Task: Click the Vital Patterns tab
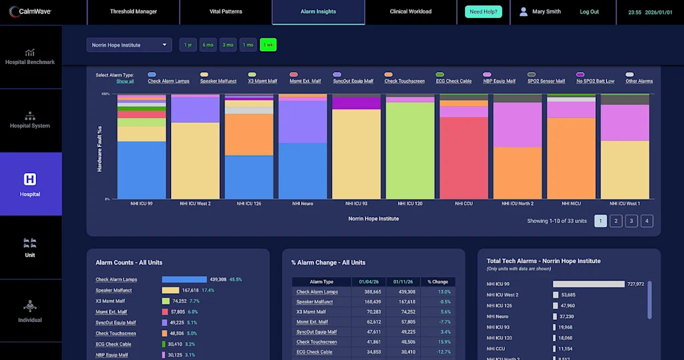pyautogui.click(x=226, y=11)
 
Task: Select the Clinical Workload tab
pyautogui.click(x=411, y=11)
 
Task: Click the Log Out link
pyautogui.click(x=589, y=12)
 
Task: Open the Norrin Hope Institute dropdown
pyautogui.click(x=129, y=45)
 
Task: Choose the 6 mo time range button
pyautogui.click(x=208, y=45)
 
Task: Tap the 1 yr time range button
pyautogui.click(x=188, y=45)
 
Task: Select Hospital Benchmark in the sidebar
pyautogui.click(x=30, y=57)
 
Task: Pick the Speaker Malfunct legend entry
pyautogui.click(x=218, y=81)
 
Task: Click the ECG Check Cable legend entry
pyautogui.click(x=454, y=81)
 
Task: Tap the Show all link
pyautogui.click(x=125, y=81)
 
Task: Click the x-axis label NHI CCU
pyautogui.click(x=464, y=203)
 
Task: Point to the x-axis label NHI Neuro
pyautogui.click(x=303, y=203)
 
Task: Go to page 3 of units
pyautogui.click(x=631, y=221)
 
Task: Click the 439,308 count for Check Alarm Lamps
pyautogui.click(x=218, y=279)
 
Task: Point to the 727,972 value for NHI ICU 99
pyautogui.click(x=635, y=284)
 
